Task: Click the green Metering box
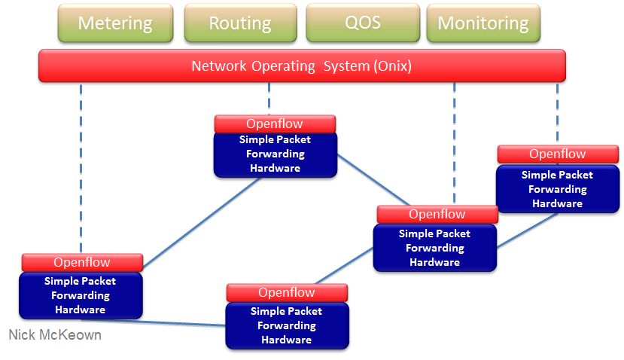(115, 23)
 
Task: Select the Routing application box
(240, 23)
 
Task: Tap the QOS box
(363, 23)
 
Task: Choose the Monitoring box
(483, 23)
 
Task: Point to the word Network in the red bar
(219, 66)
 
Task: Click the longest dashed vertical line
(81, 168)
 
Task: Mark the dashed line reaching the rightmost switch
(557, 114)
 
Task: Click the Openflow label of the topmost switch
(275, 124)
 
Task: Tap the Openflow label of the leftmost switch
(82, 262)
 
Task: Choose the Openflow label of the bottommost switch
(287, 293)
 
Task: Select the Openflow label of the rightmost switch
(558, 154)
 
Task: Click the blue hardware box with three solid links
(435, 248)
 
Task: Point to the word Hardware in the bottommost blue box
(287, 340)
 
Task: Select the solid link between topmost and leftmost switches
(202, 223)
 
